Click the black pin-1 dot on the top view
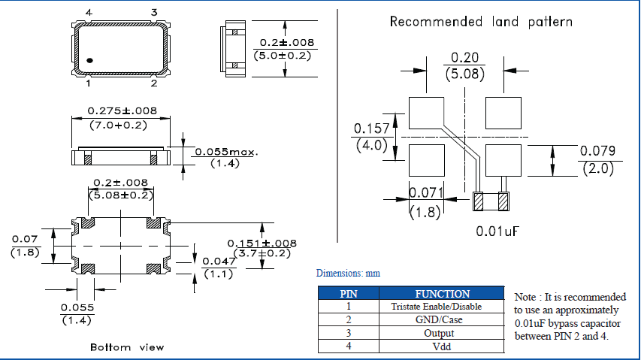click(89, 59)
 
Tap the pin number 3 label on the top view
click(154, 12)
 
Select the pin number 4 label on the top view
click(89, 13)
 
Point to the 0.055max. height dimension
click(226, 152)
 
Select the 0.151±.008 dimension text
click(262, 243)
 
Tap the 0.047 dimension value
click(218, 261)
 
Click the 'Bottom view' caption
click(127, 347)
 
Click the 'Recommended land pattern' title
click(481, 22)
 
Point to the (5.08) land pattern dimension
click(464, 74)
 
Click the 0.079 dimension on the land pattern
click(597, 152)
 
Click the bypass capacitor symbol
click(491, 201)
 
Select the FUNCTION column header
click(442, 294)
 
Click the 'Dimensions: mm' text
click(348, 274)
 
